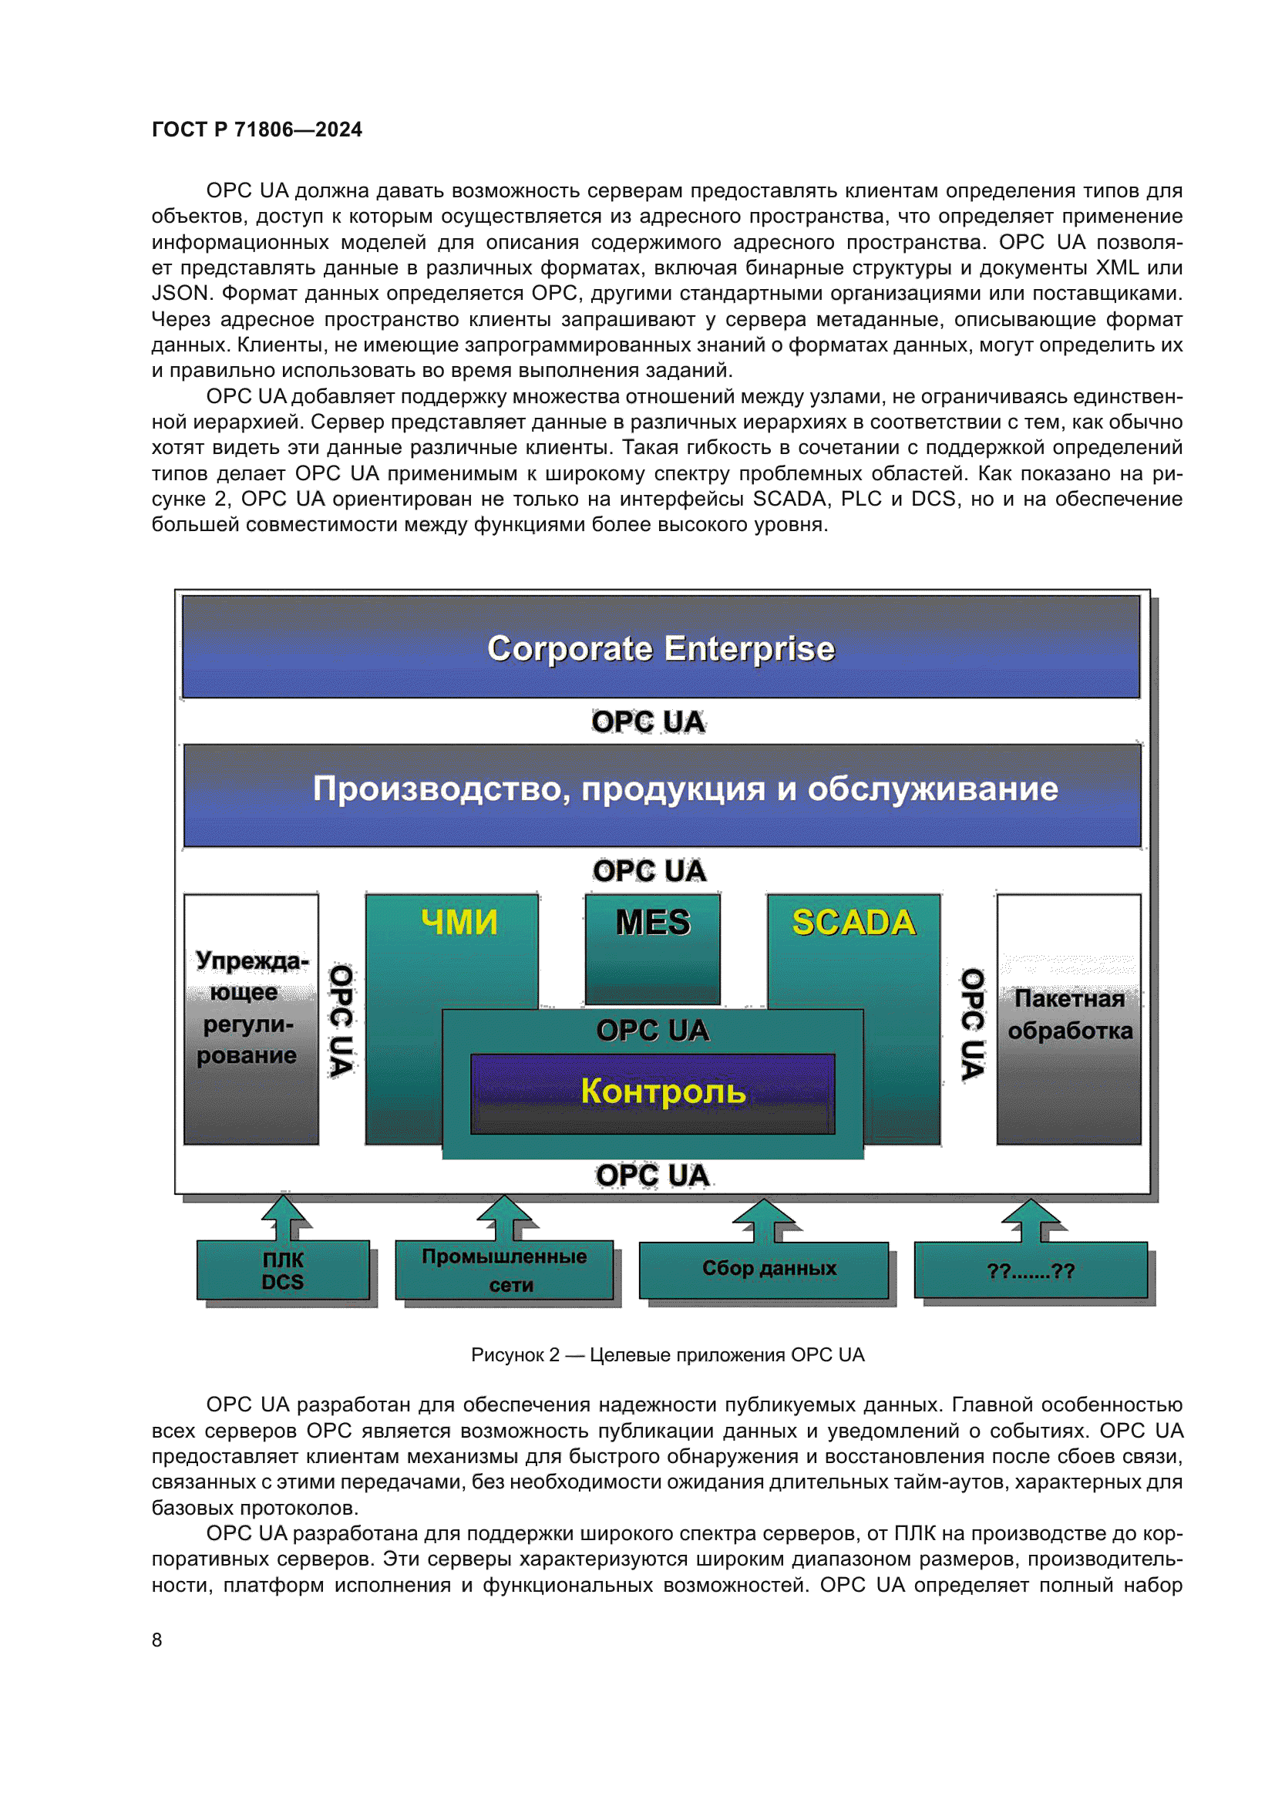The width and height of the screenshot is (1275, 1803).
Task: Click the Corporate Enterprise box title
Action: click(x=661, y=648)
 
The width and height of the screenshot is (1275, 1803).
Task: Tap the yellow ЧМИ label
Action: click(x=459, y=922)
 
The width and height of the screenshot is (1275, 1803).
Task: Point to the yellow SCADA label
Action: click(x=853, y=922)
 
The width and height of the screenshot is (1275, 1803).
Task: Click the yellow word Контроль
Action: click(x=663, y=1091)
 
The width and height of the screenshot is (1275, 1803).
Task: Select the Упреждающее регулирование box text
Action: click(x=251, y=1008)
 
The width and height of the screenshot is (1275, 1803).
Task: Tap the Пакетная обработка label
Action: click(x=1069, y=1014)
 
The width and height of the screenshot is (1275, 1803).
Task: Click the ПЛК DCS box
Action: click(x=283, y=1270)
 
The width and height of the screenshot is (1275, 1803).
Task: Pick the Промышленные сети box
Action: click(x=504, y=1270)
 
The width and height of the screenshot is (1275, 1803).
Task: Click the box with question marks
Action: click(x=1030, y=1270)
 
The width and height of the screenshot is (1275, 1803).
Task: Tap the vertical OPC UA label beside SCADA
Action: click(x=973, y=1024)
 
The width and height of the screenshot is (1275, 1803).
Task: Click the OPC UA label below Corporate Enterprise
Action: click(x=648, y=722)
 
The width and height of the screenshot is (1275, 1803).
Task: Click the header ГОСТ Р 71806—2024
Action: click(x=257, y=130)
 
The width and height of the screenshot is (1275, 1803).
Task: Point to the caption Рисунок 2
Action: click(x=668, y=1354)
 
